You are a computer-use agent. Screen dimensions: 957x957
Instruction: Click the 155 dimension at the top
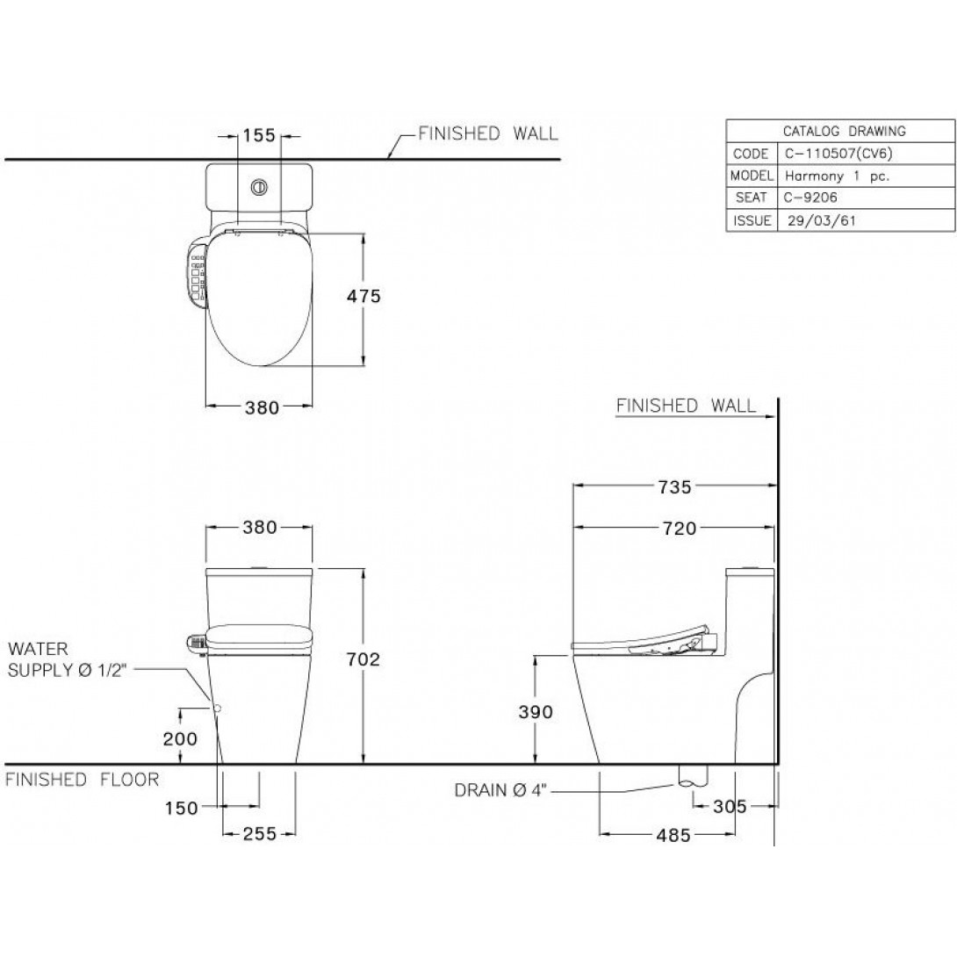click(x=259, y=135)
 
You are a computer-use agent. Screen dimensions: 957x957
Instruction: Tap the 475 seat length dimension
click(x=363, y=297)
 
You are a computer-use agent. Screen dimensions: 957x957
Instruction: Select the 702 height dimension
click(x=363, y=659)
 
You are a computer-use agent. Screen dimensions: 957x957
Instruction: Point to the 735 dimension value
click(x=675, y=487)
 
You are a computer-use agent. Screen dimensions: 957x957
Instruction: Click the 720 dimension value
click(x=680, y=529)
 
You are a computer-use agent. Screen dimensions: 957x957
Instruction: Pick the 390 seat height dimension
click(x=536, y=712)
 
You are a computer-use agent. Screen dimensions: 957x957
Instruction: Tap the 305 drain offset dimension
click(x=730, y=807)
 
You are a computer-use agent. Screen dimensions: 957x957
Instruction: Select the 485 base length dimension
click(x=673, y=835)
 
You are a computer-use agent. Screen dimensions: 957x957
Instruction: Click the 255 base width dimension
click(x=260, y=834)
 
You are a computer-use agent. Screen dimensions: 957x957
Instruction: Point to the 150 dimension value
click(x=181, y=808)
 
